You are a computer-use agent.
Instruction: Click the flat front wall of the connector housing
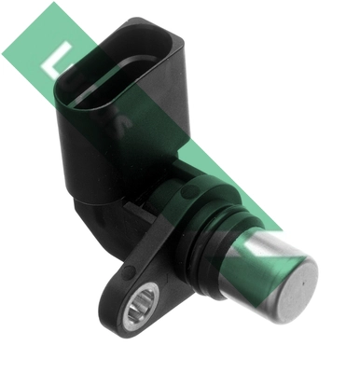(x=103, y=140)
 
